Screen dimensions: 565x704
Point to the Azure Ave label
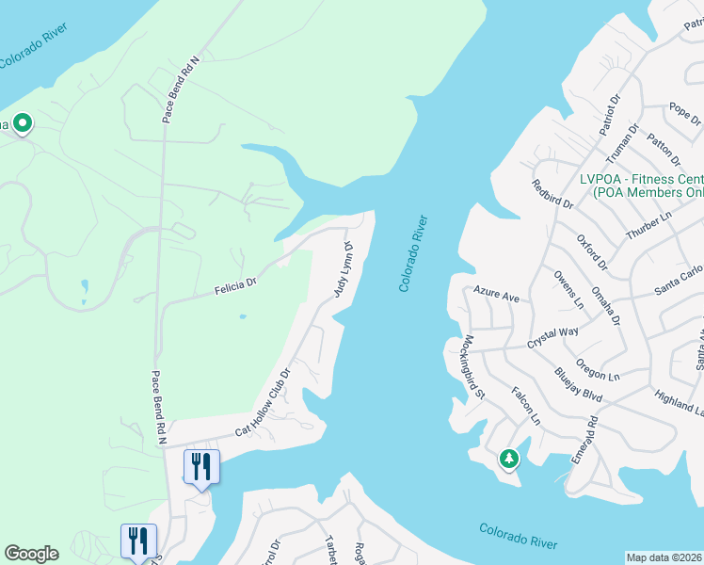click(496, 295)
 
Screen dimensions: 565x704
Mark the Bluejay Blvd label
click(577, 384)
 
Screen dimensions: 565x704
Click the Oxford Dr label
click(592, 253)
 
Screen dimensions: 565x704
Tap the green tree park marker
click(508, 459)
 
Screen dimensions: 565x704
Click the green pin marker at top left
click(22, 122)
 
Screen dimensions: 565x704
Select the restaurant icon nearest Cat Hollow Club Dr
click(202, 466)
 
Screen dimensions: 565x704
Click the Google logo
click(31, 554)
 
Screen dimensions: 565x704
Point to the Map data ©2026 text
click(664, 557)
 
